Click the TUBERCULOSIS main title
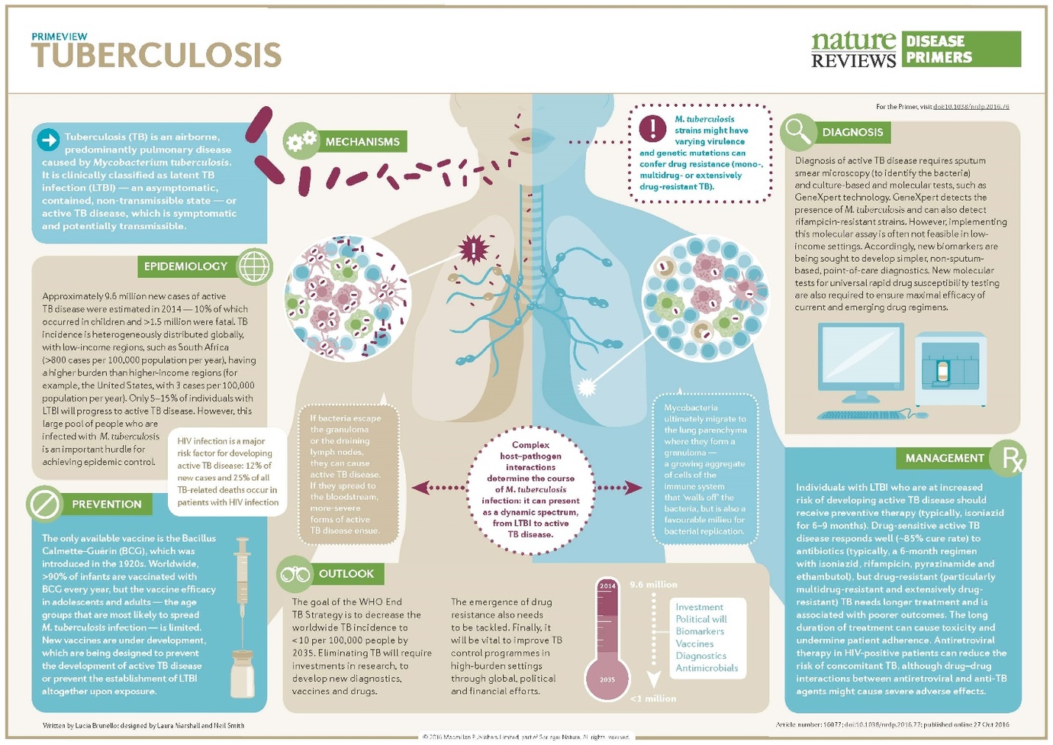click(156, 55)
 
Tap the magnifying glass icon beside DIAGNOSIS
click(797, 131)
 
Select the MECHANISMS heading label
click(362, 142)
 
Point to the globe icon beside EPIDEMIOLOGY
click(254, 266)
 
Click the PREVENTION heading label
click(107, 505)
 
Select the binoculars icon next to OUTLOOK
click(295, 574)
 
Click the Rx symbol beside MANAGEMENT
click(1010, 459)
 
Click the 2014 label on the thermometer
click(607, 586)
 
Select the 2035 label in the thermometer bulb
click(607, 679)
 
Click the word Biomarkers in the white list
click(700, 631)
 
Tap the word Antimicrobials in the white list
click(707, 668)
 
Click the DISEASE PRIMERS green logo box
click(961, 50)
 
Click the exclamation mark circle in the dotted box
click(652, 128)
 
